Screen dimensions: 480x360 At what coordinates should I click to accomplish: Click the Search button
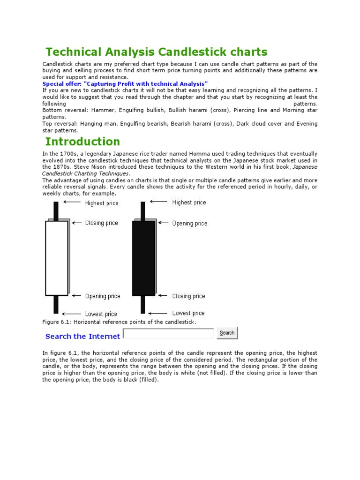pos(227,333)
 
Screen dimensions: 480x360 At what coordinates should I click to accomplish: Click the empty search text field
pos(168,333)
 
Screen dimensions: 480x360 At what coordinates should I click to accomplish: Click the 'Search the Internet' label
pos(82,336)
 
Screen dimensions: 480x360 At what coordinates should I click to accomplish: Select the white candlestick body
pos(57,258)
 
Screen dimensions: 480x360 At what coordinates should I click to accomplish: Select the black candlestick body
pos(143,258)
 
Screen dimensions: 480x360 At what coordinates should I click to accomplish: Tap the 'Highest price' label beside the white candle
pos(102,203)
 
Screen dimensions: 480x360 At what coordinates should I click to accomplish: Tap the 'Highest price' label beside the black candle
pos(189,202)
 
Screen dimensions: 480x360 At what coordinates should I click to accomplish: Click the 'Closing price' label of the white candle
pos(102,223)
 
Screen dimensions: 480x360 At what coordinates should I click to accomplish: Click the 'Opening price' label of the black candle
pos(189,223)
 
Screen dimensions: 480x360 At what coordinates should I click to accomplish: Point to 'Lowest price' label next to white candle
pos(101,314)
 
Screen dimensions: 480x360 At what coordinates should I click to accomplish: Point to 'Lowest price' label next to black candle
pos(188,313)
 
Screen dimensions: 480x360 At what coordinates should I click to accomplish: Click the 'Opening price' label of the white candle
pos(103,296)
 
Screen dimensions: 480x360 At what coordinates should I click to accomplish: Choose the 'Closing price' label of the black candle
pos(188,296)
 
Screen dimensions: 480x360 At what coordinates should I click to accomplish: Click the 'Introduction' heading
pos(82,142)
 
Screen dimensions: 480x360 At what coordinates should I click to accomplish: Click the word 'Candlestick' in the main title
pos(195,52)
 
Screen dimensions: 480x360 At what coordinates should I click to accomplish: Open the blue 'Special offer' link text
pos(125,83)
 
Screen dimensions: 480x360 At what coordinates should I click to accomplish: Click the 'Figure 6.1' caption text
pos(119,322)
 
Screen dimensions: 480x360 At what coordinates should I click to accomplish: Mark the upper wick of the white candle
pos(56,210)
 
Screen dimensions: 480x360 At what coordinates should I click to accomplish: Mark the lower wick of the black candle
pos(143,305)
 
